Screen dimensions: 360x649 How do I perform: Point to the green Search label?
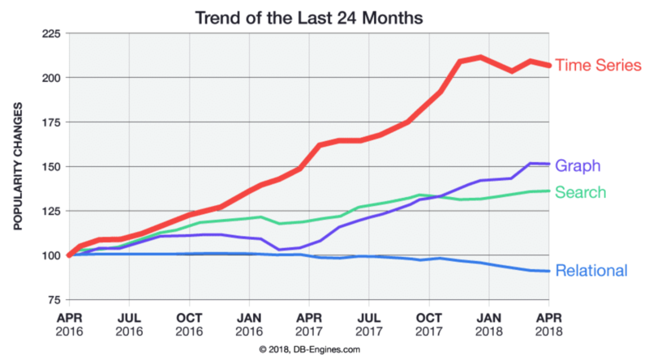(582, 192)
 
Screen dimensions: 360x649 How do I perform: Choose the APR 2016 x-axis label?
(71, 324)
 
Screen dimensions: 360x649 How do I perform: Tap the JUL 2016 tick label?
(130, 324)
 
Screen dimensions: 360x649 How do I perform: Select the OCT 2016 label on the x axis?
(189, 324)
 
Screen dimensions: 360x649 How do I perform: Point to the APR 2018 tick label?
(549, 324)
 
